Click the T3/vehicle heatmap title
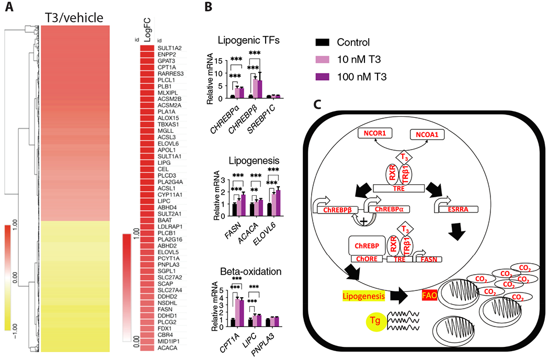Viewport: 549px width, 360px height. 74,18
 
